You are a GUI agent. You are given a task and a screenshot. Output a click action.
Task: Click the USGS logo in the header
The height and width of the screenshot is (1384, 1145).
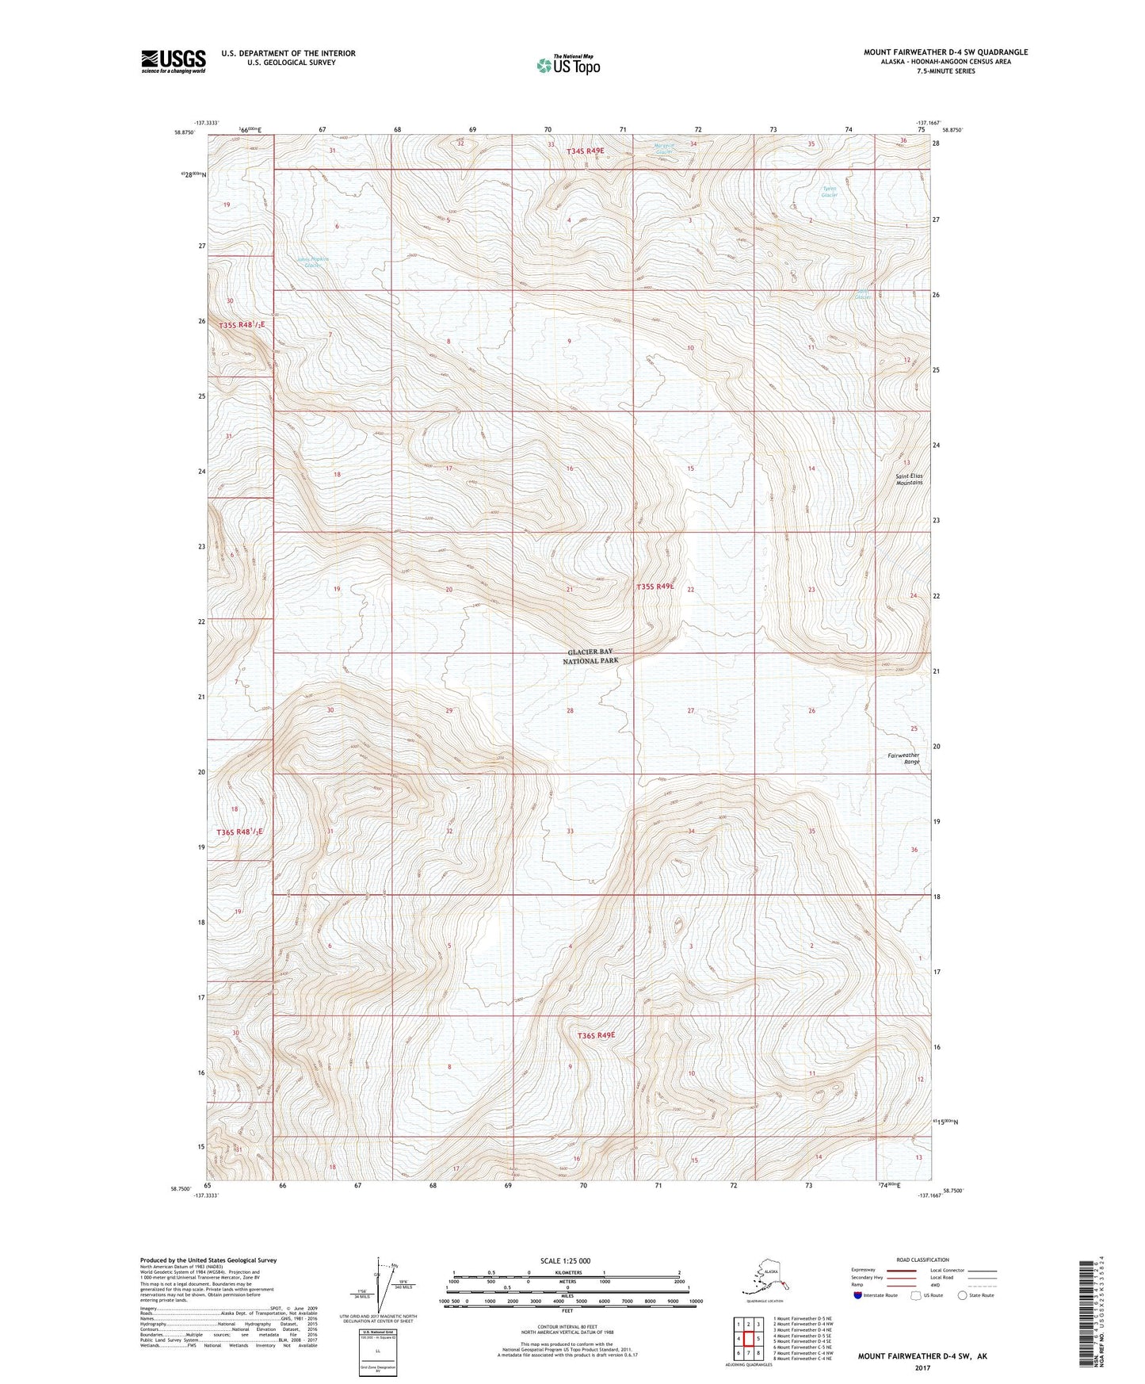click(173, 61)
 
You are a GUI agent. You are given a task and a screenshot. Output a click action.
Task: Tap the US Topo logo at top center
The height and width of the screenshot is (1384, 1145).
click(567, 65)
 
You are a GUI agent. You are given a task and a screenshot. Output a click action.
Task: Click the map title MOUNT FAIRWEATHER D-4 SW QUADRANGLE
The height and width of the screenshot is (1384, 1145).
click(945, 52)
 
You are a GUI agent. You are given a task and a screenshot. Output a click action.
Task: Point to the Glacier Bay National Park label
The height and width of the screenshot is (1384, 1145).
click(590, 656)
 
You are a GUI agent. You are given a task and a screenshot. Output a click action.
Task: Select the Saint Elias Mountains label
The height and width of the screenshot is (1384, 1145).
click(909, 479)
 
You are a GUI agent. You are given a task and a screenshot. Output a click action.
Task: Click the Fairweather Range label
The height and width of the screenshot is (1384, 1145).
click(903, 758)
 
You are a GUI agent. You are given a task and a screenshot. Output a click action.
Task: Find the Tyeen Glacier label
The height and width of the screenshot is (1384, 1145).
click(829, 192)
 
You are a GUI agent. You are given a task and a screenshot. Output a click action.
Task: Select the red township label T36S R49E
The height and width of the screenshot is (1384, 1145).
click(596, 1035)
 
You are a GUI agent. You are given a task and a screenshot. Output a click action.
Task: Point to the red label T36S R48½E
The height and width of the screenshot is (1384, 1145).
click(239, 832)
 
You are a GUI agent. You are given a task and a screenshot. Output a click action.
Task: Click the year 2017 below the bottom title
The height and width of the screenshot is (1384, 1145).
click(922, 1367)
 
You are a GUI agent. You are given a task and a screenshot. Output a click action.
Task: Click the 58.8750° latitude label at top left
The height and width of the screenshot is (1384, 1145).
click(183, 132)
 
